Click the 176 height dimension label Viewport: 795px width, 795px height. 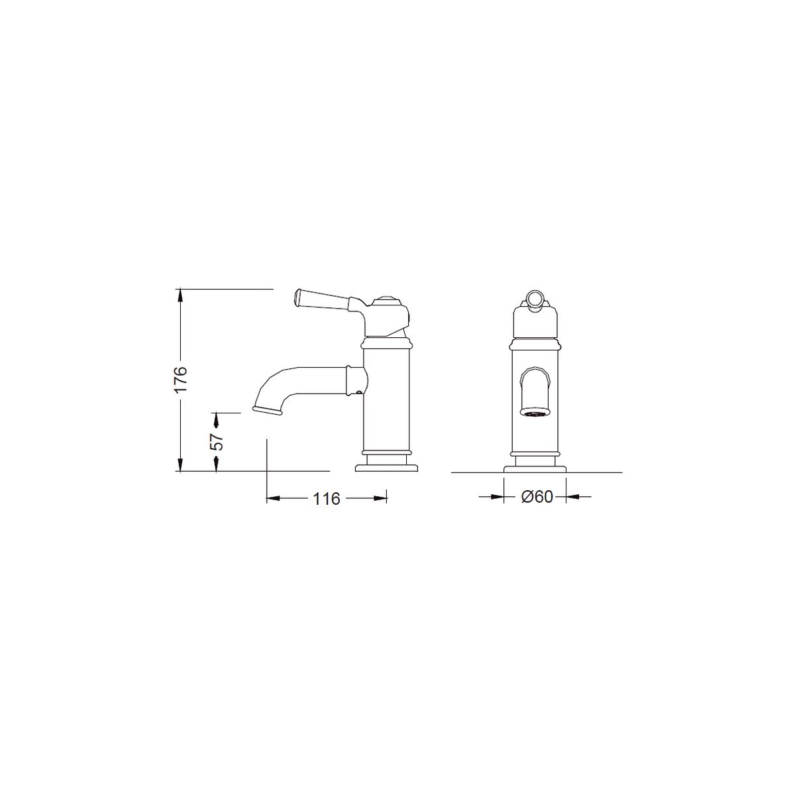pyautogui.click(x=181, y=380)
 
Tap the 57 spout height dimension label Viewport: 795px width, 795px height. pyautogui.click(x=216, y=442)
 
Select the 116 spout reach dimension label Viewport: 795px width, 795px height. pyautogui.click(x=327, y=500)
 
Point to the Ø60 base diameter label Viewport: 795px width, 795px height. pyautogui.click(x=537, y=497)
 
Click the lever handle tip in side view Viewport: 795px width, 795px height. pyautogui.click(x=297, y=298)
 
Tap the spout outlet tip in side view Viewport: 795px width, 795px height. pyautogui.click(x=268, y=409)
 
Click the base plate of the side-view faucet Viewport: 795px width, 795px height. pyautogui.click(x=386, y=468)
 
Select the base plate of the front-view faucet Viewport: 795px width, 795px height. pyautogui.click(x=535, y=468)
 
